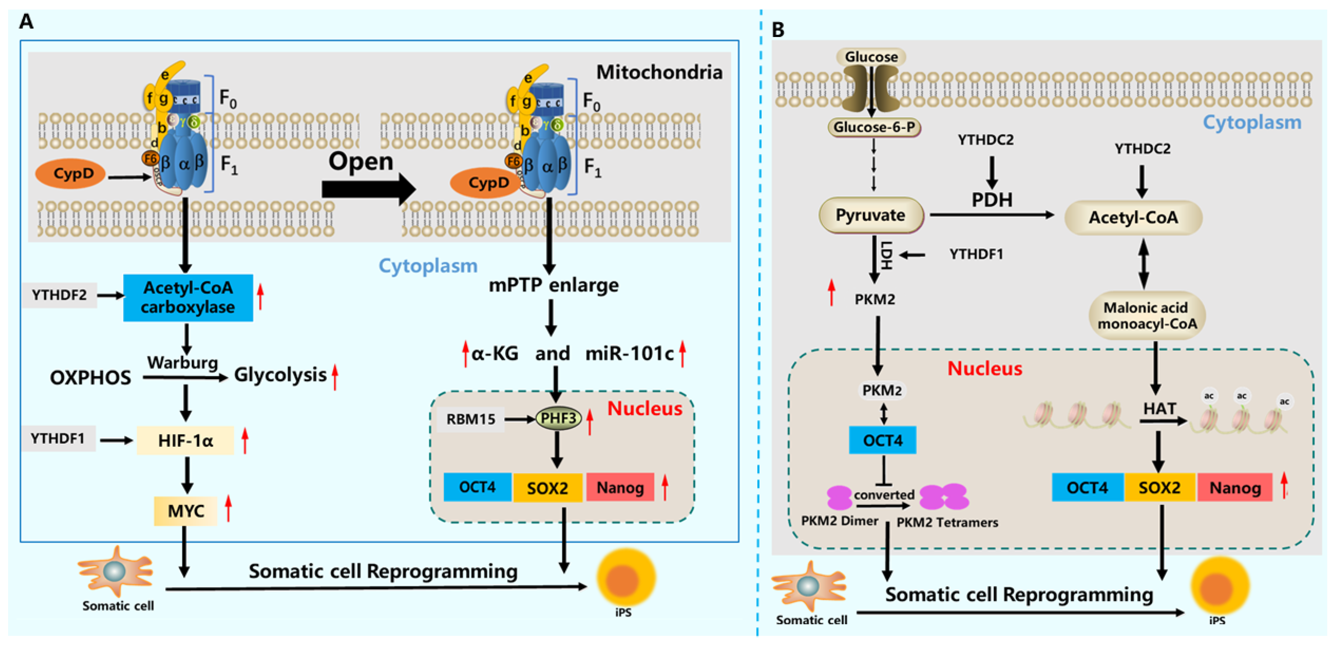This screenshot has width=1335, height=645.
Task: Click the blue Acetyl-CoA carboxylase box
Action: (x=188, y=298)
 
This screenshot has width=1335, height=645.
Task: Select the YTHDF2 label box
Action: (x=60, y=295)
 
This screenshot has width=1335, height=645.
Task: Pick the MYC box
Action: (x=185, y=511)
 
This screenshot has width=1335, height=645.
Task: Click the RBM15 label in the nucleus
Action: (x=471, y=419)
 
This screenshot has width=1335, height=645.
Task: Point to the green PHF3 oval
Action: (x=558, y=418)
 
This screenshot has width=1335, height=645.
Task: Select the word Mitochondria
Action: (x=659, y=72)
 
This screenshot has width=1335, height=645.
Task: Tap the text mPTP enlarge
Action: (x=553, y=285)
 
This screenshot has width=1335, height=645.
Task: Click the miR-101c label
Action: (x=629, y=354)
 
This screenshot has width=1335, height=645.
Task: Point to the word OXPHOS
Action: (x=90, y=377)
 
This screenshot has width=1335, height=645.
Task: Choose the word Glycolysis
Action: (x=280, y=375)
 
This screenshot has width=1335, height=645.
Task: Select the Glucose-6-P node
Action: (x=874, y=127)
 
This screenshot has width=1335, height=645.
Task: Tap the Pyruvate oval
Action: (x=871, y=215)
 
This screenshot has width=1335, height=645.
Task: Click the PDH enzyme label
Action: (x=991, y=200)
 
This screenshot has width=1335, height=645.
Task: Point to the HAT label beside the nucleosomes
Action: (x=1159, y=409)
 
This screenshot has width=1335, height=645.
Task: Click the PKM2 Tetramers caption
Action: (x=947, y=522)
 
